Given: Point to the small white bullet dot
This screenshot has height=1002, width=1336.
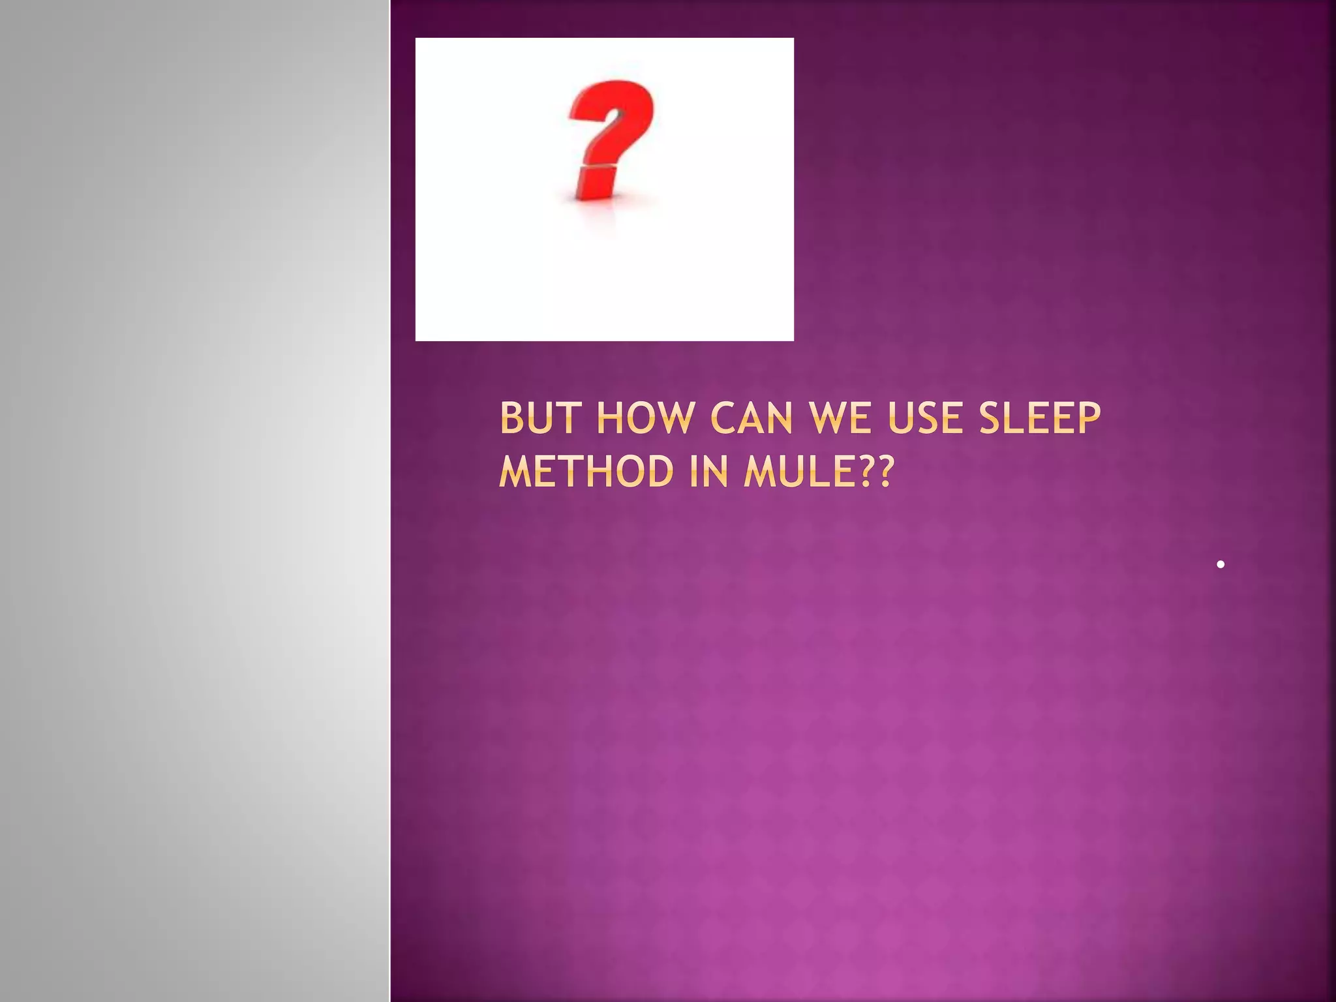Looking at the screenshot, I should point(1220,564).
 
